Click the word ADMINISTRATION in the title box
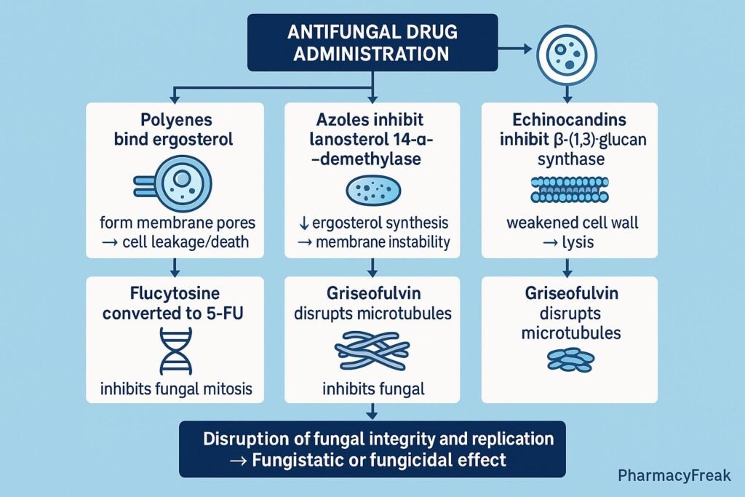tap(372, 54)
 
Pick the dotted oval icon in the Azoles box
tap(372, 191)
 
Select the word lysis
tap(578, 242)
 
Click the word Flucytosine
tap(173, 296)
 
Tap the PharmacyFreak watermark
tap(674, 476)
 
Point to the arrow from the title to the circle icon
tap(517, 49)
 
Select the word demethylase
tap(376, 159)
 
